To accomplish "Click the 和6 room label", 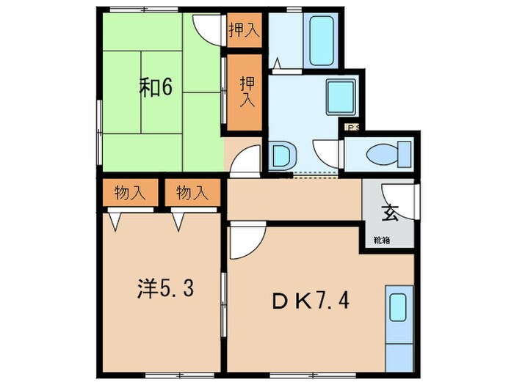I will (156, 87).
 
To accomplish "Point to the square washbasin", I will (340, 96).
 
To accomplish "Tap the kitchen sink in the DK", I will (397, 307).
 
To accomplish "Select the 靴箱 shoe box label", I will (382, 239).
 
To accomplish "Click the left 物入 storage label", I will (128, 194).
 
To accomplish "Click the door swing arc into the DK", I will (243, 241).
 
